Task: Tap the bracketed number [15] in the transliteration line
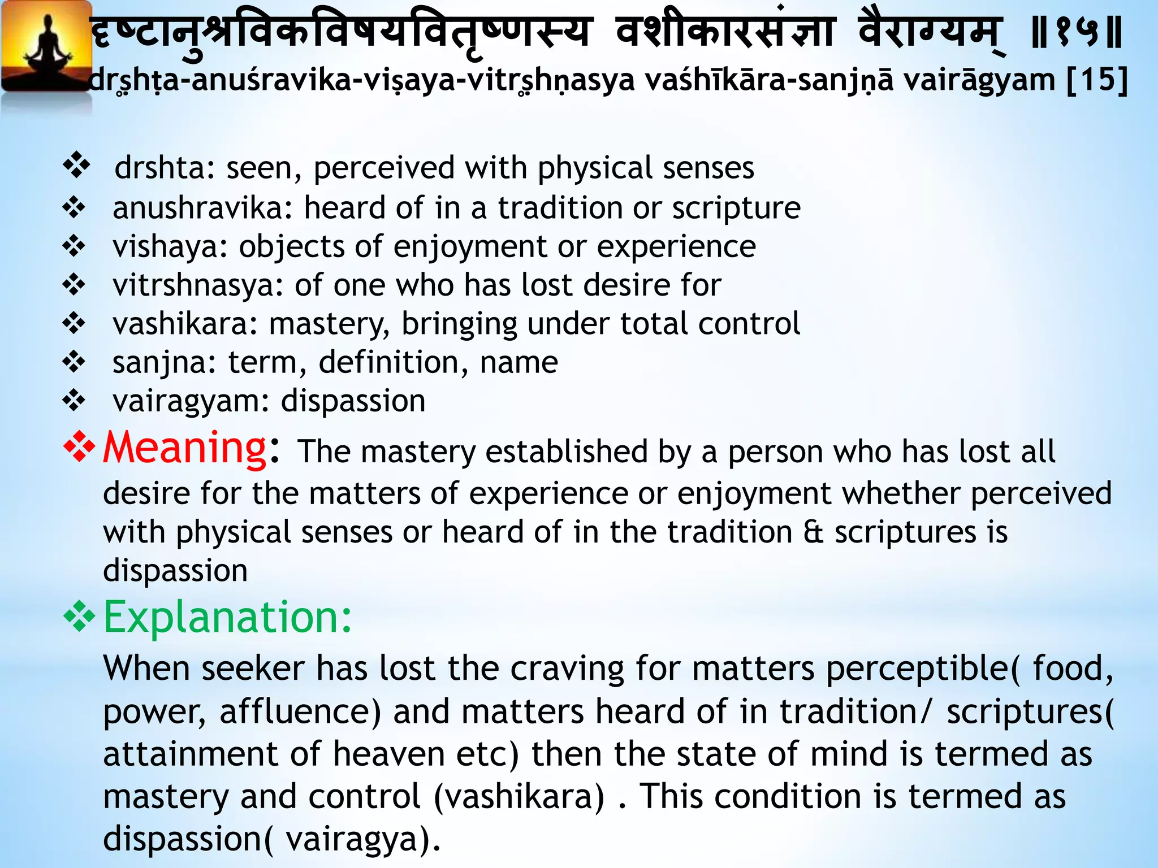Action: [x=1097, y=80]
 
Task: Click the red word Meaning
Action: [x=184, y=448]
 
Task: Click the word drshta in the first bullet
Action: [x=159, y=168]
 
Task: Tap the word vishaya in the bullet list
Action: [x=169, y=247]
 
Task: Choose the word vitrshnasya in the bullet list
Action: [x=197, y=285]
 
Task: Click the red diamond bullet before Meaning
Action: [x=79, y=446]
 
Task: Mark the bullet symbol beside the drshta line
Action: [x=76, y=166]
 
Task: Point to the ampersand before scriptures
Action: [x=813, y=532]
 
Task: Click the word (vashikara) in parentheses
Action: [x=519, y=797]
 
